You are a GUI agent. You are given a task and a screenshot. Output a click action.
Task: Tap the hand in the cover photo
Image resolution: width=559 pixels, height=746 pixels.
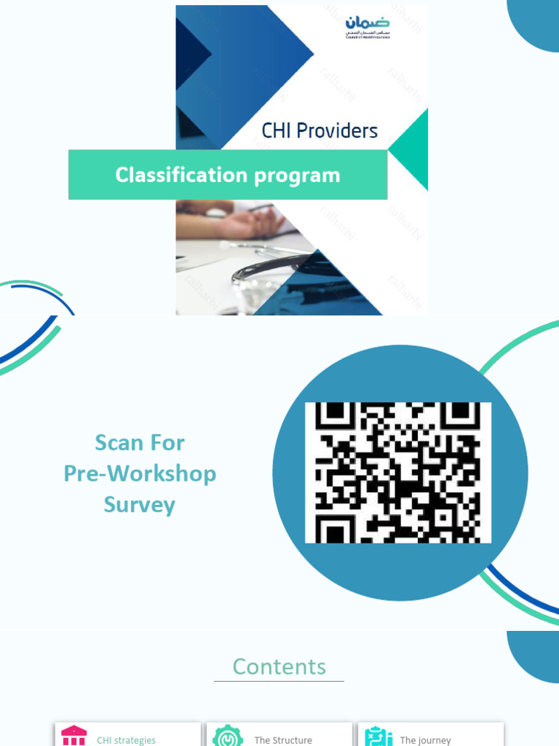tap(247, 222)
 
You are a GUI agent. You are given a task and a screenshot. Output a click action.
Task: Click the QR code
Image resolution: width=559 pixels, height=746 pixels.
tap(398, 472)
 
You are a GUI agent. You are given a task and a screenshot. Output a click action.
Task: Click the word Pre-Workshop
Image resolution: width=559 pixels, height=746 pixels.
tap(140, 474)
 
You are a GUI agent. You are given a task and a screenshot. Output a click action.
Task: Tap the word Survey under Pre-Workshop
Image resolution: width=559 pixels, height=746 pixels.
tap(140, 505)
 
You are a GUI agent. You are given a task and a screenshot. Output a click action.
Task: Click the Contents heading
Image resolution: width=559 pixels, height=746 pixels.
tap(279, 667)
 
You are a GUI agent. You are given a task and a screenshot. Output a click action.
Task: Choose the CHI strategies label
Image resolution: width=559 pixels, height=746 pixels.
tap(126, 740)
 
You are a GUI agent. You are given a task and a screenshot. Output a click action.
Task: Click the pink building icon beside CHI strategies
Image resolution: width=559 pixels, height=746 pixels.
tap(74, 736)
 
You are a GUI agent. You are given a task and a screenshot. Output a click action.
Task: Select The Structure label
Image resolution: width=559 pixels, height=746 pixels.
tap(283, 740)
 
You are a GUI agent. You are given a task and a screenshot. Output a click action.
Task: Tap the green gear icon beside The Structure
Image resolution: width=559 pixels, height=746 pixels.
tap(228, 736)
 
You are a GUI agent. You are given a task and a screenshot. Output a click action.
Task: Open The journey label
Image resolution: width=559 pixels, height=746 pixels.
tap(425, 740)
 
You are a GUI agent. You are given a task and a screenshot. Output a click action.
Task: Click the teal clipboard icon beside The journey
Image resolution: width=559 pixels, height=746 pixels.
tap(378, 736)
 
